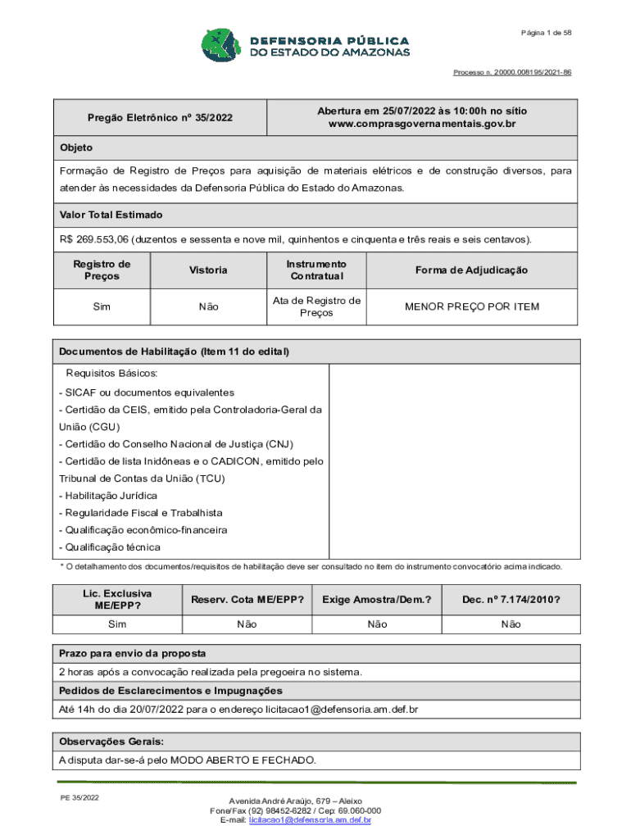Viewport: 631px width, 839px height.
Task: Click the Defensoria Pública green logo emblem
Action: tap(220, 47)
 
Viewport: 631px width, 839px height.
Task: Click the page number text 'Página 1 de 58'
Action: tap(545, 32)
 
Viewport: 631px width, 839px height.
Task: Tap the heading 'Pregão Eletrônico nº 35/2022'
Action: tap(160, 118)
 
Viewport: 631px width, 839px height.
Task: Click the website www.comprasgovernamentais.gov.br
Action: tap(422, 124)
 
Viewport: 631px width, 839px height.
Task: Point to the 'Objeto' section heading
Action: tap(75, 148)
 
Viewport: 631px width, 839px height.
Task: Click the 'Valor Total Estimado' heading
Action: tap(111, 215)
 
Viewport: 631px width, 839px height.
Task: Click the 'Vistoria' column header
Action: tap(208, 270)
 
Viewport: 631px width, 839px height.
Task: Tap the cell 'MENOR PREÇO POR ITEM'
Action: tap(471, 306)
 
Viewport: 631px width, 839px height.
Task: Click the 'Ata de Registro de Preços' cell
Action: tap(316, 306)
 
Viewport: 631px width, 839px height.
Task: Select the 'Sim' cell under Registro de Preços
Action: tap(102, 306)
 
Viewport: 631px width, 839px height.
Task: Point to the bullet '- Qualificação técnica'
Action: tap(110, 547)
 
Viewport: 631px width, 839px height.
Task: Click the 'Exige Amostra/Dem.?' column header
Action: tap(377, 600)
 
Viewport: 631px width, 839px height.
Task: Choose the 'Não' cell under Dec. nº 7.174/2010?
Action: tap(511, 624)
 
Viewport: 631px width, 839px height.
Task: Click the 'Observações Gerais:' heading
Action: tap(111, 741)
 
